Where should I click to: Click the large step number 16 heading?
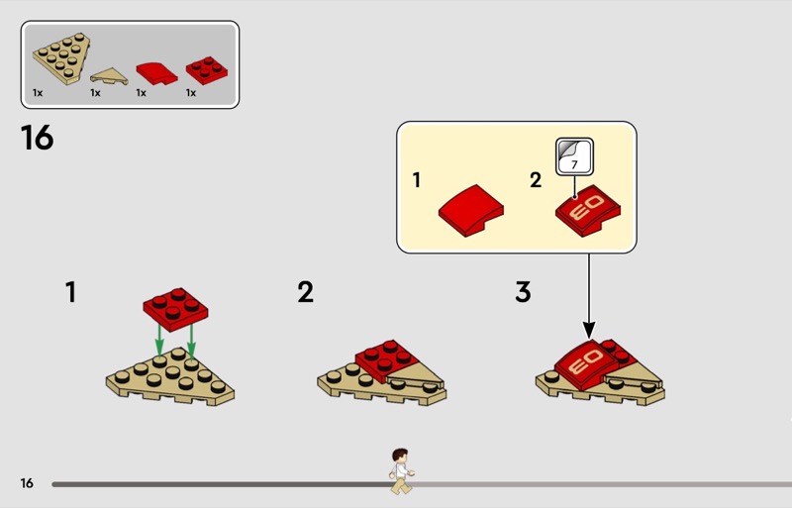pyautogui.click(x=37, y=138)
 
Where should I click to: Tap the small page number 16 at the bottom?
pyautogui.click(x=27, y=483)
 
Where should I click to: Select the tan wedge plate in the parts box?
pyautogui.click(x=61, y=57)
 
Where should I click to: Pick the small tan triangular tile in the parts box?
pyautogui.click(x=109, y=76)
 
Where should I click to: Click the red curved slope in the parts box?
pyautogui.click(x=157, y=73)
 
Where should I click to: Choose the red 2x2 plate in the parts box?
pyautogui.click(x=207, y=69)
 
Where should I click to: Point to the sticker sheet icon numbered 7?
pyautogui.click(x=574, y=156)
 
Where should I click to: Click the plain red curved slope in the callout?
pyautogui.click(x=471, y=210)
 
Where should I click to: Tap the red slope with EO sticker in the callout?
pyautogui.click(x=588, y=210)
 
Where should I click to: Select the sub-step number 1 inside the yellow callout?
pyautogui.click(x=417, y=180)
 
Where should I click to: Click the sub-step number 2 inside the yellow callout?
pyautogui.click(x=536, y=180)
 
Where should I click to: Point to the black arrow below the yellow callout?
pyautogui.click(x=588, y=296)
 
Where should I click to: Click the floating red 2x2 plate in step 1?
pyautogui.click(x=175, y=309)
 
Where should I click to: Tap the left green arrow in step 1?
pyautogui.click(x=159, y=341)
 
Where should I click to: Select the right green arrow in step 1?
pyautogui.click(x=191, y=342)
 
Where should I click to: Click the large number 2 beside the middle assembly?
pyautogui.click(x=306, y=292)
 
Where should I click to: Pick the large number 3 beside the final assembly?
pyautogui.click(x=524, y=292)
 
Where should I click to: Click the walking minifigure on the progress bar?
pyautogui.click(x=402, y=471)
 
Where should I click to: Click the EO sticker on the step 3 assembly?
pyautogui.click(x=586, y=362)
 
